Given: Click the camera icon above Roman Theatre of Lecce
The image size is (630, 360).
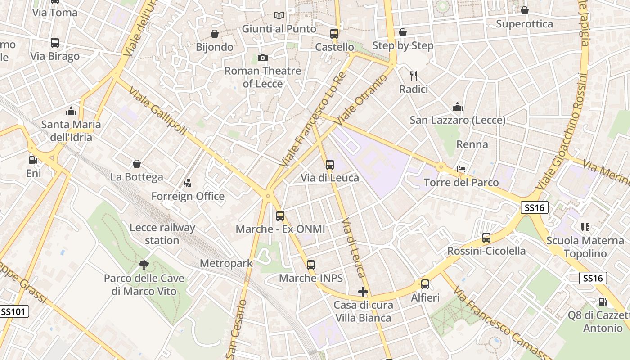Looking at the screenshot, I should coord(263,58).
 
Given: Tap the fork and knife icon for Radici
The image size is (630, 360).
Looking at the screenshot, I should coord(414,76).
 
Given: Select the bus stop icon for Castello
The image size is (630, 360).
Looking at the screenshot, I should coord(334,34).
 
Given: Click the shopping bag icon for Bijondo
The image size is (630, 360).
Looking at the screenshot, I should coord(215,34).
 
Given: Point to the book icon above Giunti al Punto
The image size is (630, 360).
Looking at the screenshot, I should coord(279,15).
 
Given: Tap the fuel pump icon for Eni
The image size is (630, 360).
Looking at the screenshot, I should coord(33,160).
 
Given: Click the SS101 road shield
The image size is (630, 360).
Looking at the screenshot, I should coord(14,311).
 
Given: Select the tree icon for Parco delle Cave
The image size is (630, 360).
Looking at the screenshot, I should coord(144,265).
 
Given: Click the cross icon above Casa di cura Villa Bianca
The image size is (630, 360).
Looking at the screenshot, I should coord(363,292).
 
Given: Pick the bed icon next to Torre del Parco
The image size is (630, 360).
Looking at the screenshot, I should coord(461,169).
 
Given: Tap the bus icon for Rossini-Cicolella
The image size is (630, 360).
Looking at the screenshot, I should coord(486,237).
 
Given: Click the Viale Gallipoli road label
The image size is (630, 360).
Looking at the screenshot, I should coord(157,111).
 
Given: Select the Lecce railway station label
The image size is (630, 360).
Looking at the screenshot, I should coord(162,234).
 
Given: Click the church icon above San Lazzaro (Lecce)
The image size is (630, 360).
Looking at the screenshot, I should coord(458,107).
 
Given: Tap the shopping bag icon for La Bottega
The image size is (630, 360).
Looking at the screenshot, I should coord(137,164).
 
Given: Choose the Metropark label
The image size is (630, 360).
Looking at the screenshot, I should coord(226,263).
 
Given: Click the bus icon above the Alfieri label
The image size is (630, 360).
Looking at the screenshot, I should coord(425,284).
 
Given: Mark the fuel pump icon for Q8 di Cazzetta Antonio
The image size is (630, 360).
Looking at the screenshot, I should coord(603,302).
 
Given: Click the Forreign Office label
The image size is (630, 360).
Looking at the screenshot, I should coord(188,196).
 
